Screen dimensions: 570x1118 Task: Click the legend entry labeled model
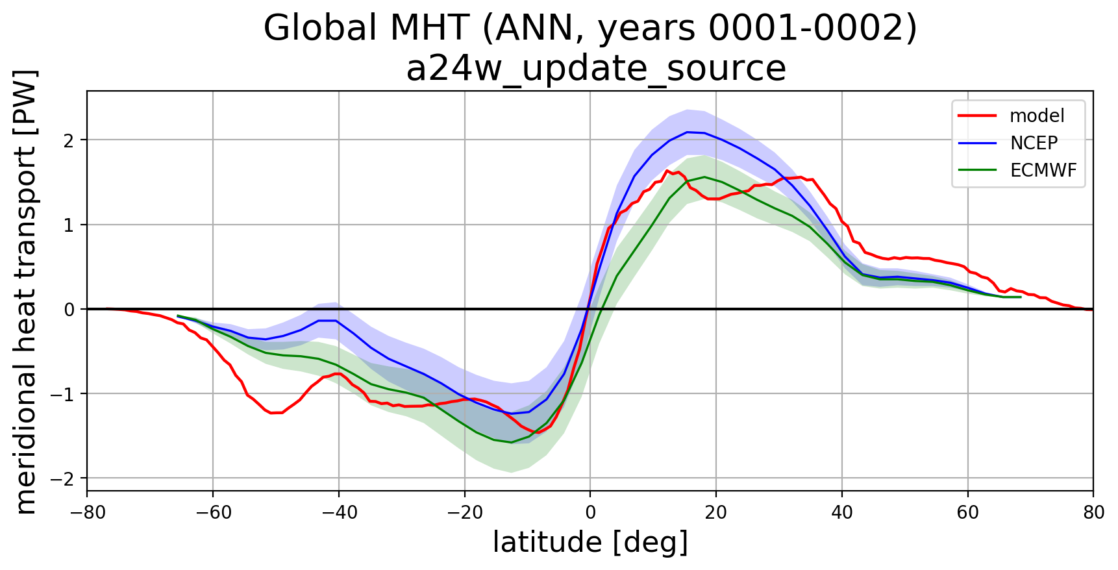(x=1036, y=116)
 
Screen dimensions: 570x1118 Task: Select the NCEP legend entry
(x=1034, y=143)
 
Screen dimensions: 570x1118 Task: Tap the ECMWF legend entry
(x=1043, y=170)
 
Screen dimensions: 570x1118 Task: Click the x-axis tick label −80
(x=87, y=513)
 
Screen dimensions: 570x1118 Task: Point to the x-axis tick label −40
(x=338, y=513)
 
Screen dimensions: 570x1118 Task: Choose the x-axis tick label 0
(x=590, y=513)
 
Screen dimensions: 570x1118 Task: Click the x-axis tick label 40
(x=842, y=513)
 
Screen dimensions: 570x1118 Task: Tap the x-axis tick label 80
(x=1093, y=513)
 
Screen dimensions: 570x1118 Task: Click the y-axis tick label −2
(x=67, y=478)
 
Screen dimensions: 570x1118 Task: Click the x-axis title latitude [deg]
(x=590, y=543)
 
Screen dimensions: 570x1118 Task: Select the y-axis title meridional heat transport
(x=26, y=291)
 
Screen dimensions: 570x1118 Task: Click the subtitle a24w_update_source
(x=596, y=68)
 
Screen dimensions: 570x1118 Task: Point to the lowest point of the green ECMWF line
(x=511, y=442)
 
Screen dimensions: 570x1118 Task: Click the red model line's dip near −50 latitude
(x=274, y=413)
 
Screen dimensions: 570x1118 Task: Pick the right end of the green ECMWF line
(x=1021, y=297)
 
